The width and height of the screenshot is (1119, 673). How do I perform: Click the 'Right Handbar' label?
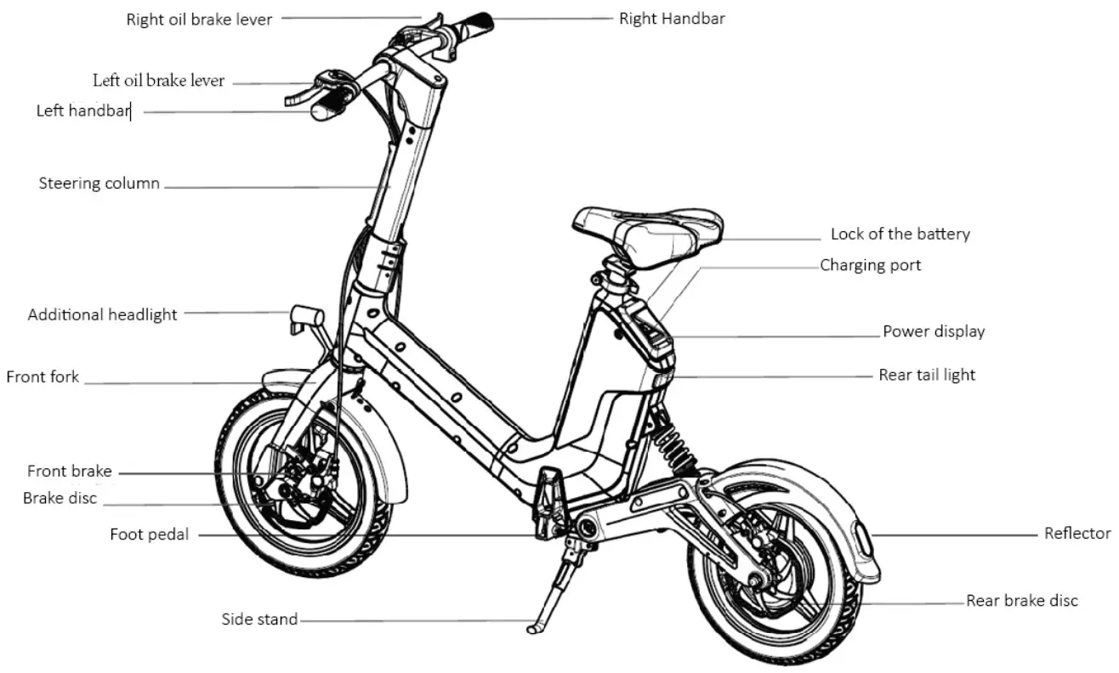(672, 18)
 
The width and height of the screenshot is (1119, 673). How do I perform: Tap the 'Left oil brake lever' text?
(158, 81)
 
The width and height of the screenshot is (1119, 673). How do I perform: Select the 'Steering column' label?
(99, 184)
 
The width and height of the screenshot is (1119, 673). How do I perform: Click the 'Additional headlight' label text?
(102, 314)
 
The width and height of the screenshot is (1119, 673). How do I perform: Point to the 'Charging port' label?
(870, 265)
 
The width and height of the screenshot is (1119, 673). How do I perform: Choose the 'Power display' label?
(933, 331)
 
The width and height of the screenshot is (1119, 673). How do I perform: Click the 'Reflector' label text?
(1076, 534)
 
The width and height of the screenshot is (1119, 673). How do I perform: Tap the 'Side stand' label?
(259, 619)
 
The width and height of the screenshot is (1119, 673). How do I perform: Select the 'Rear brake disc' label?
(1021, 601)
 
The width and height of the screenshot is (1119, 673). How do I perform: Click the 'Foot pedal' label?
(149, 534)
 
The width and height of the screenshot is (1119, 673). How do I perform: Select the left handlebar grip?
(330, 107)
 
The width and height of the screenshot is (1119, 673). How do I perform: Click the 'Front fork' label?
(43, 376)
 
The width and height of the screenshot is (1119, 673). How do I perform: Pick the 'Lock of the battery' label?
(900, 234)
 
